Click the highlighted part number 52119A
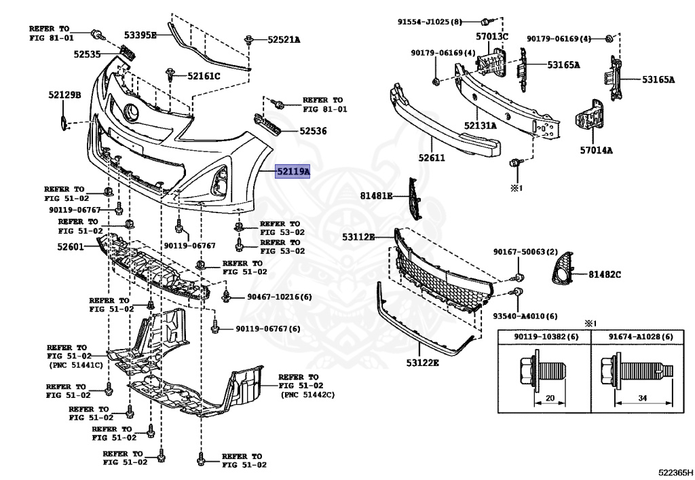(293, 172)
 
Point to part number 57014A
(596, 150)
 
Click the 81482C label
(605, 274)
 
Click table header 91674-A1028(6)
(640, 337)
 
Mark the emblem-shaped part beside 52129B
(63, 124)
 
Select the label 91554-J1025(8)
(430, 22)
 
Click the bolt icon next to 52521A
(250, 39)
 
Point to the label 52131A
(480, 125)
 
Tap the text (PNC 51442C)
(307, 394)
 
